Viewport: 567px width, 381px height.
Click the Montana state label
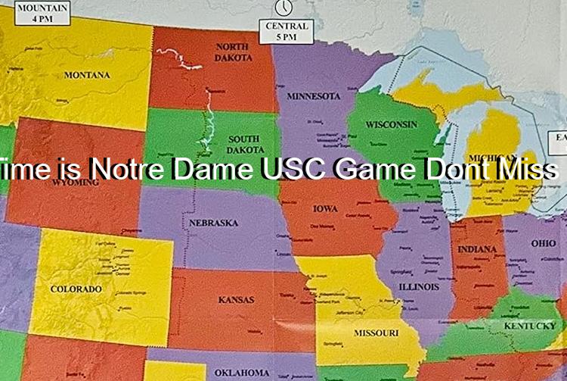pyautogui.click(x=86, y=75)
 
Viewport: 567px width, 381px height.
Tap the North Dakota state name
pyautogui.click(x=233, y=52)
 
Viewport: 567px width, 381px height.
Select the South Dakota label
pyautogui.click(x=243, y=144)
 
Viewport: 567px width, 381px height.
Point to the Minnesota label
pyautogui.click(x=313, y=96)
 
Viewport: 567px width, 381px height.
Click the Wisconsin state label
pyautogui.click(x=391, y=123)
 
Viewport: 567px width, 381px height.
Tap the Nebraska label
pyautogui.click(x=213, y=223)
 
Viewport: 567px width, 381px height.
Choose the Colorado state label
pyautogui.click(x=76, y=289)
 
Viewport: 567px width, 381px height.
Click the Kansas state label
pyautogui.click(x=236, y=300)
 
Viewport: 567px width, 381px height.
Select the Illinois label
pyautogui.click(x=419, y=287)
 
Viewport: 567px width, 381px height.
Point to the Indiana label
pyautogui.click(x=477, y=249)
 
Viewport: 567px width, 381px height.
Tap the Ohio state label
pyautogui.click(x=543, y=243)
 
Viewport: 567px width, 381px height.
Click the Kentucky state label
pyautogui.click(x=530, y=326)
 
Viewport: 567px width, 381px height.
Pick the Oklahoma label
pyautogui.click(x=241, y=372)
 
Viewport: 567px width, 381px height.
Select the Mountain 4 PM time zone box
pyautogui.click(x=42, y=14)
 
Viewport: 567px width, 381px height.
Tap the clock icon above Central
pyautogui.click(x=283, y=7)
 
